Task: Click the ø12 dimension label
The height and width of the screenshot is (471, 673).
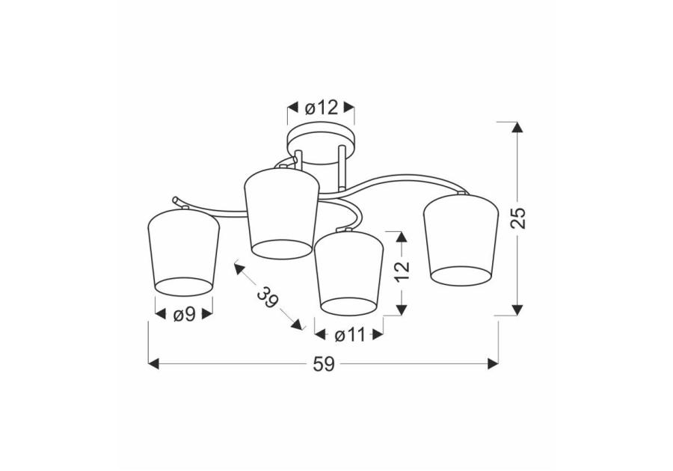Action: point(322,108)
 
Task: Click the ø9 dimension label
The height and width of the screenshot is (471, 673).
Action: point(184,315)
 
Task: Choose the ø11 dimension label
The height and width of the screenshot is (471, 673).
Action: point(349,335)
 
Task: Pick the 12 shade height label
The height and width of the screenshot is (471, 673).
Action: point(402,270)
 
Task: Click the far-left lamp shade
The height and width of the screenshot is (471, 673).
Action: point(184,252)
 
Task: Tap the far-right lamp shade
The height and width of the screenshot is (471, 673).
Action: point(461,239)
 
